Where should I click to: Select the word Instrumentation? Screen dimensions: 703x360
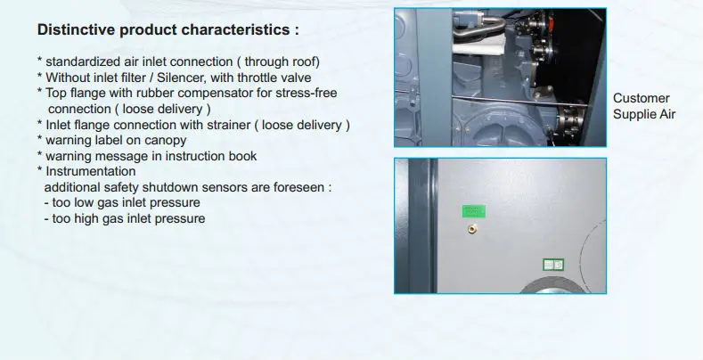click(91, 171)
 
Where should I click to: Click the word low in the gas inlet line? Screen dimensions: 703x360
click(78, 202)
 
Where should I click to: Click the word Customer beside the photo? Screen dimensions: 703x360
click(642, 98)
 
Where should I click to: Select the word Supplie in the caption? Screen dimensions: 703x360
click(631, 114)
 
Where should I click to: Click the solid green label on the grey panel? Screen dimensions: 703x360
click(474, 211)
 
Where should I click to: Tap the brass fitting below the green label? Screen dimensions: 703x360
click(471, 229)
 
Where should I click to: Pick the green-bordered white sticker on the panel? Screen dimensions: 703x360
click(553, 265)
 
